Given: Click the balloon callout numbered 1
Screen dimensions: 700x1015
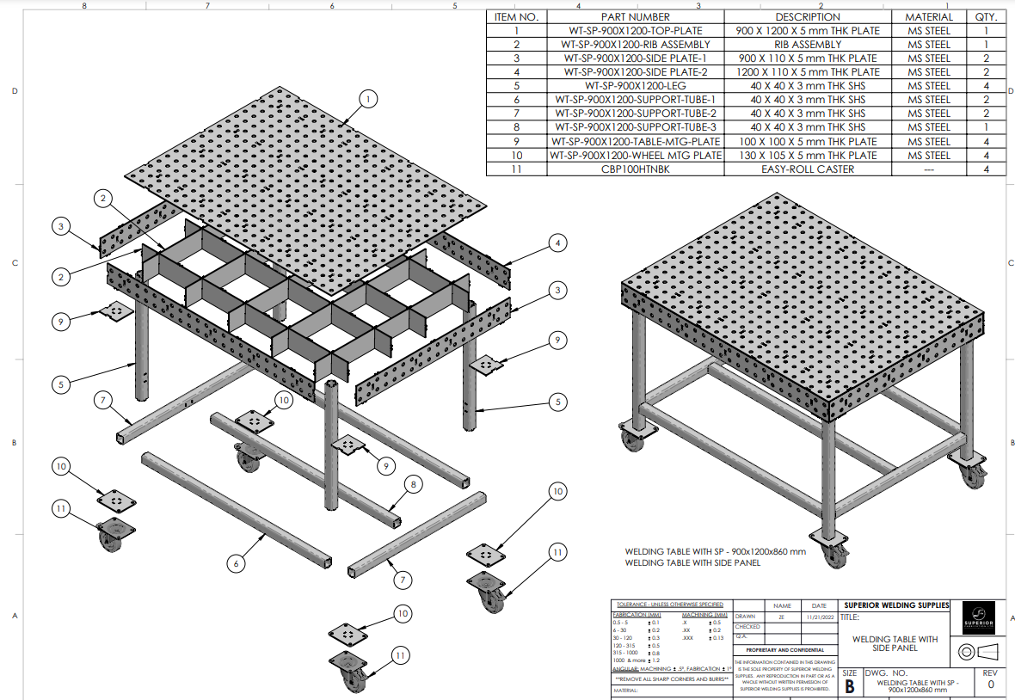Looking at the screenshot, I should click(368, 100).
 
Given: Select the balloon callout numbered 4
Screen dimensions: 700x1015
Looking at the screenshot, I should click(557, 244).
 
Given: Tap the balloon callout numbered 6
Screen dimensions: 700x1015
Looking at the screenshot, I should click(237, 564).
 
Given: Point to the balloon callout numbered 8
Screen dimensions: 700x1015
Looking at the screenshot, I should click(413, 485).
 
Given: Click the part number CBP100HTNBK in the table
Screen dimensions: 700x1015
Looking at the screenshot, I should click(636, 169).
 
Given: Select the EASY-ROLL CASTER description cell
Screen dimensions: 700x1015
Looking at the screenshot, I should click(808, 169).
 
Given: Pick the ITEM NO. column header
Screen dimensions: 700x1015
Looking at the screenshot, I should click(516, 16).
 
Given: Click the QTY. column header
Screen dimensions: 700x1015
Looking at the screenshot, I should click(986, 16).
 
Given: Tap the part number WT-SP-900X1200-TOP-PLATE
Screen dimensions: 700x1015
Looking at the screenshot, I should click(636, 30).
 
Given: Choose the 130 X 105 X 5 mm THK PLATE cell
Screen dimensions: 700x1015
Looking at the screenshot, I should click(808, 156).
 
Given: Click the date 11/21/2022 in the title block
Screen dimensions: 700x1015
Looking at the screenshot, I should click(817, 617).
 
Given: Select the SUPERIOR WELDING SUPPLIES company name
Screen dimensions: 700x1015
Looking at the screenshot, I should click(897, 605).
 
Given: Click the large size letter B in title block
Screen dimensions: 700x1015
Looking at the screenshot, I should click(850, 686).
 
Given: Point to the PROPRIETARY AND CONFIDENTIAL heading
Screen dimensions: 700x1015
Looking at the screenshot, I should click(778, 650).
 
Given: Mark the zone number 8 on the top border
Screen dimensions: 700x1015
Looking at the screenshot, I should click(83, 6).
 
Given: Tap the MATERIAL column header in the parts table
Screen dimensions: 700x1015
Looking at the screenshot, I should click(929, 16).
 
